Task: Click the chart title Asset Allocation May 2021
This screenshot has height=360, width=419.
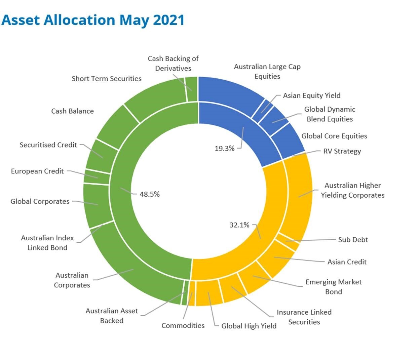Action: [x=93, y=20]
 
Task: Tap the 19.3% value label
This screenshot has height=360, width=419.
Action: [x=224, y=148]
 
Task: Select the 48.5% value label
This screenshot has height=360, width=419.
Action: [x=150, y=194]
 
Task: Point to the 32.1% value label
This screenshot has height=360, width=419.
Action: [x=239, y=225]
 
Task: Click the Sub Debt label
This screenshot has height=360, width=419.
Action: [x=353, y=240]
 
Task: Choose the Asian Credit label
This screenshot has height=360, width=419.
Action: [x=347, y=262]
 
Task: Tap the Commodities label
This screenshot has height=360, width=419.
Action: [x=183, y=325]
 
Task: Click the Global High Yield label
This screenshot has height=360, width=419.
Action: [x=249, y=326]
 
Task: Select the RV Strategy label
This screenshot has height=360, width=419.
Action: [x=342, y=151]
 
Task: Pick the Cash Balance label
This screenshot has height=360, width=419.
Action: [x=72, y=111]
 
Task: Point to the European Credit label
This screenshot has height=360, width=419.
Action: [x=37, y=171]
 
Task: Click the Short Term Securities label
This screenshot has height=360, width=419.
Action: [x=107, y=79]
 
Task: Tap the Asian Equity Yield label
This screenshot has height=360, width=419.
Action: [x=311, y=95]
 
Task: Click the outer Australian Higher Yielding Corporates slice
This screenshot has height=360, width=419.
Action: [x=298, y=195]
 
